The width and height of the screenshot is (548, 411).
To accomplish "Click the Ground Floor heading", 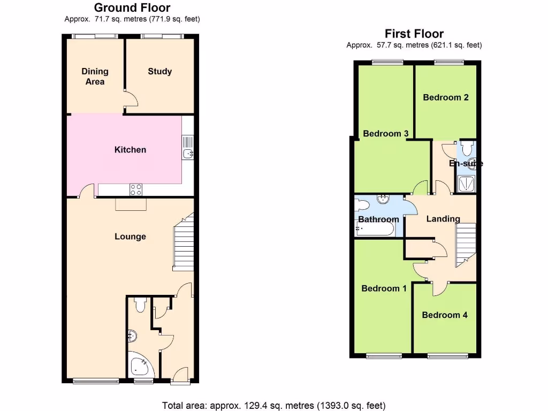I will coord(132,8).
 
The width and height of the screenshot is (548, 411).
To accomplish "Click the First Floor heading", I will coord(414,34).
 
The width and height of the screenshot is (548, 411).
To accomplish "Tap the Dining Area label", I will coord(95,76).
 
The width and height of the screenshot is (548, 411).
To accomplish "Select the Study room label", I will coord(160,71).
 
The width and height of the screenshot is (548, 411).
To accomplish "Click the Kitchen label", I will coord(130,150).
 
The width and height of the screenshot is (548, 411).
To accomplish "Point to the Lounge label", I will coord(130,237).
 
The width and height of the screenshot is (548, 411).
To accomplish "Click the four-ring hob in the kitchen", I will coord(136,189).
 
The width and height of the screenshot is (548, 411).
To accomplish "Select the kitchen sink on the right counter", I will coord(188,154).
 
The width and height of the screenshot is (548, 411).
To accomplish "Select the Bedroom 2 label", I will coord(446,97).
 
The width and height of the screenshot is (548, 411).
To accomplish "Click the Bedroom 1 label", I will coord(384,288).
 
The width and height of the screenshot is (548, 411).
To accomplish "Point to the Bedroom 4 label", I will coord(445,315).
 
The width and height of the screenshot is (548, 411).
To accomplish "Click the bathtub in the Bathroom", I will coord(375,229).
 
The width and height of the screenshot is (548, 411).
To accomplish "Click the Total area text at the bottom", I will coord(273,405).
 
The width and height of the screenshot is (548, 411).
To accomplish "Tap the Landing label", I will coord(443,219).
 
